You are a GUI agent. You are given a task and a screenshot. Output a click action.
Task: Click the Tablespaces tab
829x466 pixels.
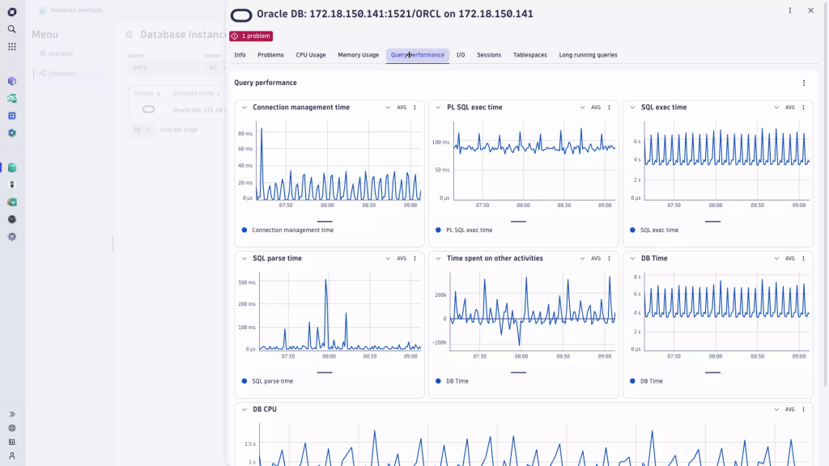(529, 55)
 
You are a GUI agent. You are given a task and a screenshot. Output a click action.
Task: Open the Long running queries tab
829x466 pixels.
(588, 55)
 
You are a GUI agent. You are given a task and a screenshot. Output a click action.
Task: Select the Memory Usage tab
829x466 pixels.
(358, 55)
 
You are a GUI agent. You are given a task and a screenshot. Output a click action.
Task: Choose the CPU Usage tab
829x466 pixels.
(311, 55)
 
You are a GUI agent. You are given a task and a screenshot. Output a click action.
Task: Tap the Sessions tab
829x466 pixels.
(489, 55)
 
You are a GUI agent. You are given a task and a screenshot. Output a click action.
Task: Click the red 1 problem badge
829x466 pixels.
(251, 36)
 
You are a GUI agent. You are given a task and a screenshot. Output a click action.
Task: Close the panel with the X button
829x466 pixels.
(810, 11)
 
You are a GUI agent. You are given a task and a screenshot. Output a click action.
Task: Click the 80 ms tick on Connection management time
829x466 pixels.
(245, 133)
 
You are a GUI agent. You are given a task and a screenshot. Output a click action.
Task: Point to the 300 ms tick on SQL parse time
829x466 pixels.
(246, 282)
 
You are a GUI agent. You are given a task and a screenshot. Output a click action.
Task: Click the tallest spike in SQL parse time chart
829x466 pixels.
(326, 281)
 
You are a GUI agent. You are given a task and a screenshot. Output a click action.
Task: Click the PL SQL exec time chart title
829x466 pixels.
(474, 108)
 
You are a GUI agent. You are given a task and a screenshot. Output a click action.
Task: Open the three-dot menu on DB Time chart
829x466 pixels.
(803, 259)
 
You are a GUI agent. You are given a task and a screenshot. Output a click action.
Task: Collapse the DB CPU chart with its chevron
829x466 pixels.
(244, 409)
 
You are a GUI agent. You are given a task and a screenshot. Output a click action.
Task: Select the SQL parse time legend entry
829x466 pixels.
(272, 381)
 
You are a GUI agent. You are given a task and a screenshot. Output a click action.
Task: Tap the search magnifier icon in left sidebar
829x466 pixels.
(12, 29)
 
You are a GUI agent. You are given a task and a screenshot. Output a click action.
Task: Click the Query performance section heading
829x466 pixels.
(266, 83)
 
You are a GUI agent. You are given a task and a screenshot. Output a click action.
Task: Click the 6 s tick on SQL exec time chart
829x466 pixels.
(637, 142)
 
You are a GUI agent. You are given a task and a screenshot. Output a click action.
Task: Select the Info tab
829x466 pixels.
(240, 55)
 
